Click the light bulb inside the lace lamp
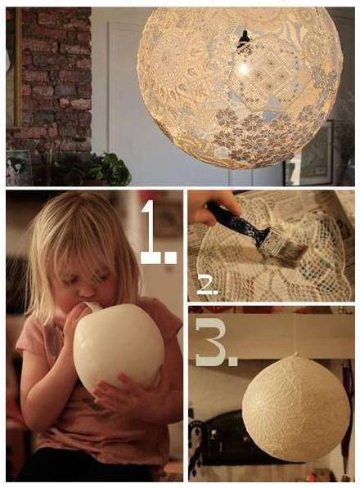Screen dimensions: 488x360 coord(243,65)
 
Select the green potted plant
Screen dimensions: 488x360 coord(106,169)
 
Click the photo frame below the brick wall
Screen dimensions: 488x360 coord(18,168)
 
